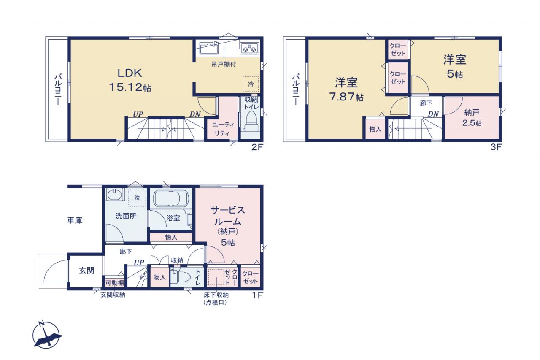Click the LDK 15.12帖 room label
pos(130,80)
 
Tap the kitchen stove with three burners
pos(249,49)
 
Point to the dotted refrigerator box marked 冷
pos(251,84)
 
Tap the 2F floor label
pos(257,147)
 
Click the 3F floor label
pos(496,147)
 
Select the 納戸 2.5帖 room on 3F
pos(472,118)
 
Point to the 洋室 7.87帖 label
pos(346,89)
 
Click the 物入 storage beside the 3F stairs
pos(375,129)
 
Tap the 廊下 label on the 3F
pos(426,103)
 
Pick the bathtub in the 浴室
pos(171,199)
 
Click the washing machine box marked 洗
pos(137,198)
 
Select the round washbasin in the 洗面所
pos(114,194)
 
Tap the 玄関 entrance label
pos(86,271)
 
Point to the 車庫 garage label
pos(75,220)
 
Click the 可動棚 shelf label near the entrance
pos(115,283)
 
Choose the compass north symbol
pos(46,335)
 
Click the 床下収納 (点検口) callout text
pos(216,298)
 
